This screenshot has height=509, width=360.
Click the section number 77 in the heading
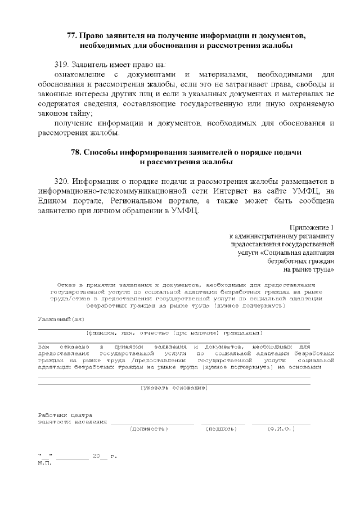pos(71,35)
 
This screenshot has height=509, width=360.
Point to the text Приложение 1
pos(312,227)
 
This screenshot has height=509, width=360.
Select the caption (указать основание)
pos(174,388)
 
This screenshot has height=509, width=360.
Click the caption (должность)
pos(148,429)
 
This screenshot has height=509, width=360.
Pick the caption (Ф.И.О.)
pos(281,429)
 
